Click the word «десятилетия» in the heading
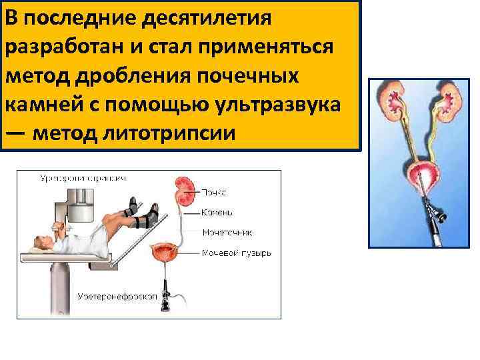coord(212,18)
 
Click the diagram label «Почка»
coord(213,193)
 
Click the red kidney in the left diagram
coord(184,189)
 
